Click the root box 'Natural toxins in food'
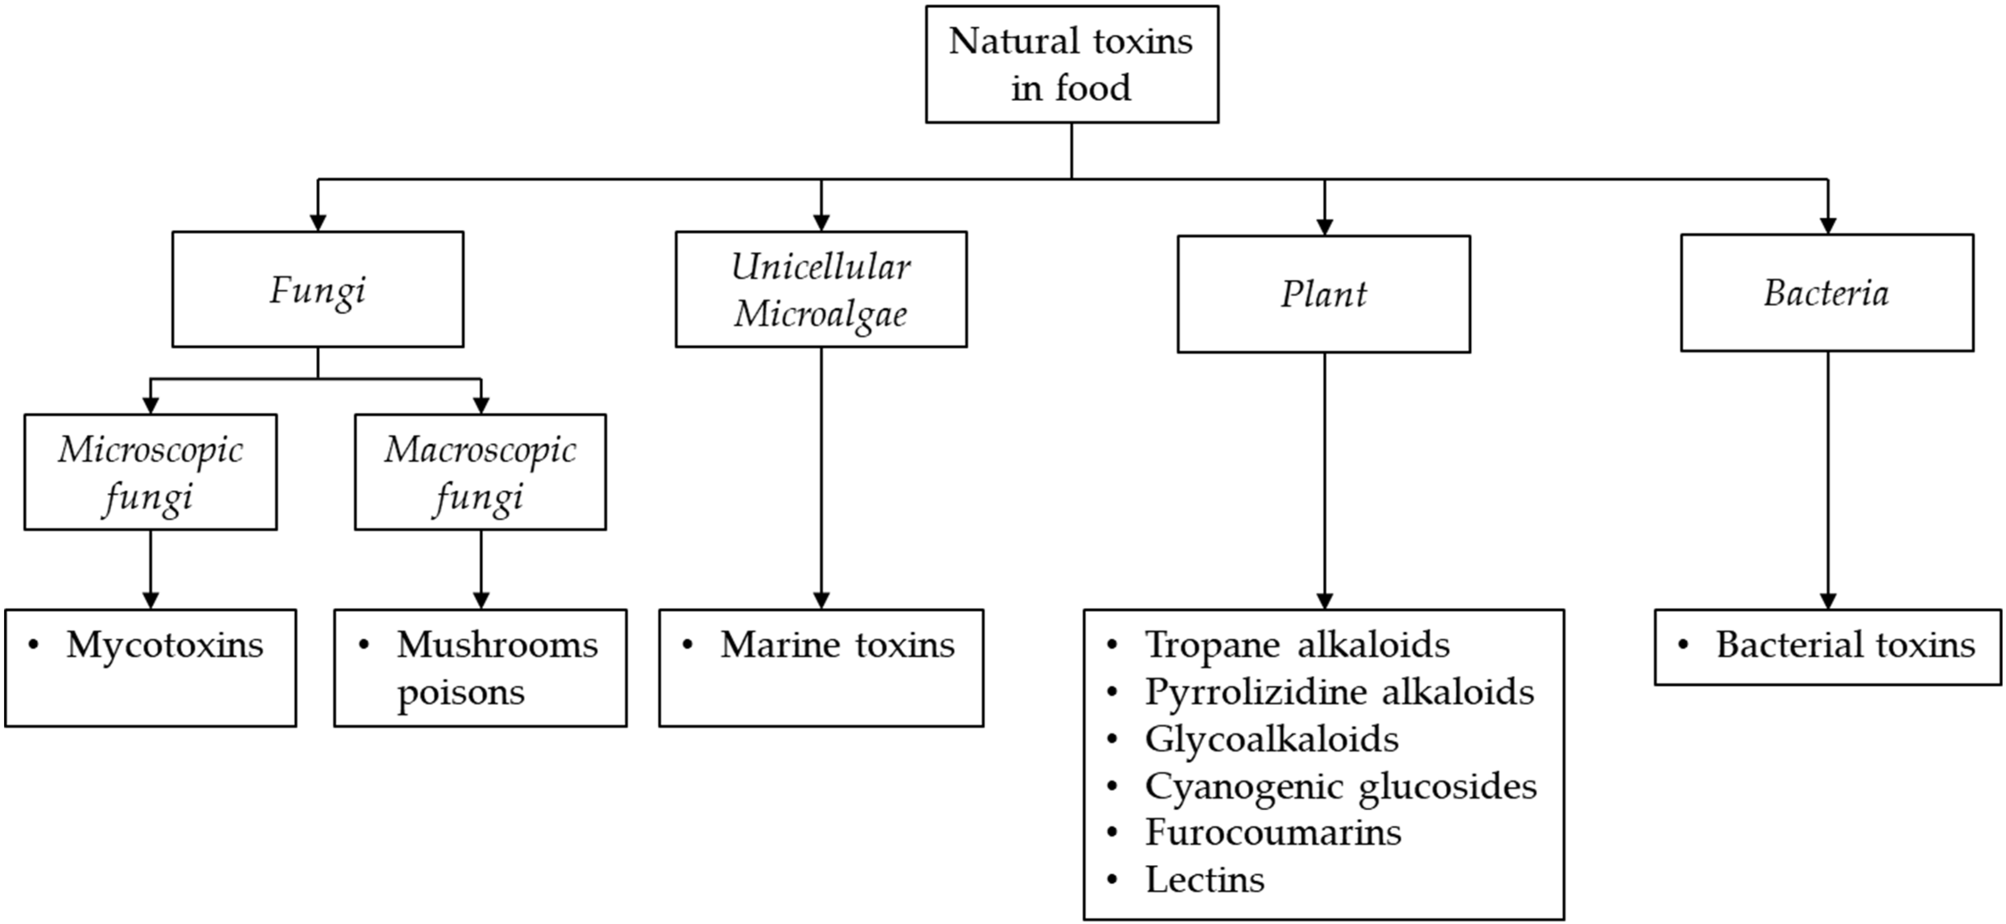click(1071, 64)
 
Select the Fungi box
click(318, 289)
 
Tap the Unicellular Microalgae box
click(821, 289)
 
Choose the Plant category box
click(1324, 294)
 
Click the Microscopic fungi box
click(150, 472)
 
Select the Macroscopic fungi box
click(481, 472)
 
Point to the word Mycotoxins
click(165, 645)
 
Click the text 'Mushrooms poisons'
click(496, 667)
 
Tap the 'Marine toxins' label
click(837, 645)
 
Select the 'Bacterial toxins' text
click(1845, 645)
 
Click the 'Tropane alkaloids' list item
click(1298, 645)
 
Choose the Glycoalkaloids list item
click(1272, 738)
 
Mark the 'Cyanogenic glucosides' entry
click(1341, 786)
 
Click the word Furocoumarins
click(1273, 833)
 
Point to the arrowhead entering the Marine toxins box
click(821, 600)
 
